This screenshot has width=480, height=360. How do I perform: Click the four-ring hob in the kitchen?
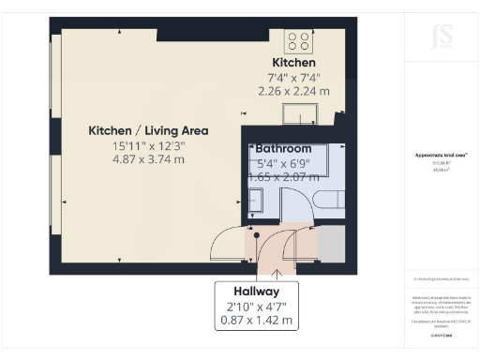[299, 40]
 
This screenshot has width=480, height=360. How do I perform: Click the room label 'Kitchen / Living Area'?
[148, 130]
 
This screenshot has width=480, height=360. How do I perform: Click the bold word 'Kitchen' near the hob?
[293, 63]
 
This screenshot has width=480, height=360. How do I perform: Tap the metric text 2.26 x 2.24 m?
[293, 91]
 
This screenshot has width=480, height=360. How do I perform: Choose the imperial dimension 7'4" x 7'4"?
[293, 77]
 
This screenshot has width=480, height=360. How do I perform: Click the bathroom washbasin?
[257, 198]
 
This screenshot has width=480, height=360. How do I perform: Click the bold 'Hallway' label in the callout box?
[256, 292]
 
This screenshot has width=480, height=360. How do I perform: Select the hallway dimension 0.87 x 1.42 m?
[256, 320]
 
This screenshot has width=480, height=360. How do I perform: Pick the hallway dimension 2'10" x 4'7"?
[256, 306]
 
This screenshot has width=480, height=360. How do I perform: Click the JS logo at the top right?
[441, 36]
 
